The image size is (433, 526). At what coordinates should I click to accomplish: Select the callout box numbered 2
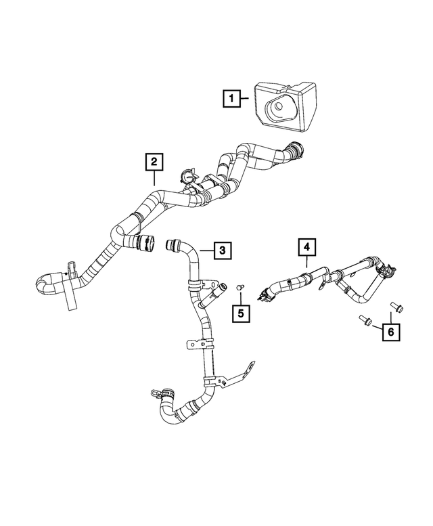[x=154, y=162]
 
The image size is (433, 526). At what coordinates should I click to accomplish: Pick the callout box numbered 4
[x=305, y=247]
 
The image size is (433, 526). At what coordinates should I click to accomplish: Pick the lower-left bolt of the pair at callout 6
[x=364, y=320]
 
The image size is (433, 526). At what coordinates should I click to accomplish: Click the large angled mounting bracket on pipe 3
[x=237, y=376]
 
